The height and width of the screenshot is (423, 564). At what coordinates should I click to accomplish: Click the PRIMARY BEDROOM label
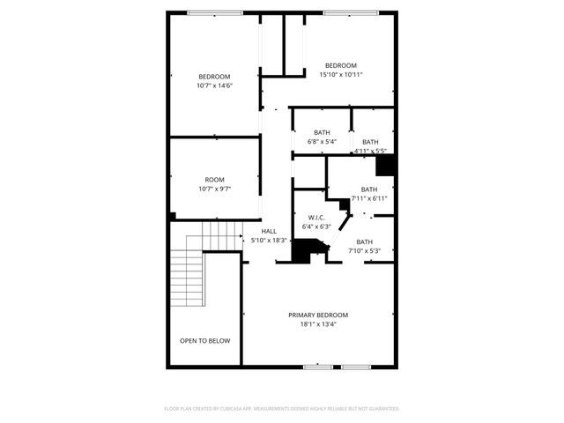[x=318, y=315]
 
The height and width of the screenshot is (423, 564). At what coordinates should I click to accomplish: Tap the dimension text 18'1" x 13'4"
[x=318, y=324]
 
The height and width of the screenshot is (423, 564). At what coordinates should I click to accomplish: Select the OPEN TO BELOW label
[x=205, y=340]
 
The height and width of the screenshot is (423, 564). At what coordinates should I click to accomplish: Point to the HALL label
[x=269, y=231]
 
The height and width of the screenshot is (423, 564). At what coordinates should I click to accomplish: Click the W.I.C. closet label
[x=316, y=217]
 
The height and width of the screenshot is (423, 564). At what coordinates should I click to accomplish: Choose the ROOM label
[x=214, y=179]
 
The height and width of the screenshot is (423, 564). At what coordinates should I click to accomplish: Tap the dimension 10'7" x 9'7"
[x=214, y=189]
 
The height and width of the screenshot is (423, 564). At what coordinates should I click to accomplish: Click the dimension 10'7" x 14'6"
[x=214, y=85]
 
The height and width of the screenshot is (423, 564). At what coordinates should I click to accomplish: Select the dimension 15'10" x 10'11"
[x=340, y=75]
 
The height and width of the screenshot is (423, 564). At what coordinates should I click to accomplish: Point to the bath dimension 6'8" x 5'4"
[x=322, y=142]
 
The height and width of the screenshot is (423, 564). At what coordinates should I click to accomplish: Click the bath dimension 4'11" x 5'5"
[x=370, y=151]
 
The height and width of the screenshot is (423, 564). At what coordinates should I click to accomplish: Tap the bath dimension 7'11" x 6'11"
[x=368, y=198]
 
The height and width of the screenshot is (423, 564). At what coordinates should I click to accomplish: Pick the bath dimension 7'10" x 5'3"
[x=364, y=251]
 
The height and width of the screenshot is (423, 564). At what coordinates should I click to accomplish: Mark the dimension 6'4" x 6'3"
[x=316, y=226]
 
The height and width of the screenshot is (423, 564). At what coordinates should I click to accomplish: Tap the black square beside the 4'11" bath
[x=385, y=166]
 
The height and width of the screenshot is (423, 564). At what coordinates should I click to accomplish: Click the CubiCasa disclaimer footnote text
[x=282, y=409]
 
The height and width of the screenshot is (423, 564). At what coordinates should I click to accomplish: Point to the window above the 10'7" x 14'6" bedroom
[x=216, y=12]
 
